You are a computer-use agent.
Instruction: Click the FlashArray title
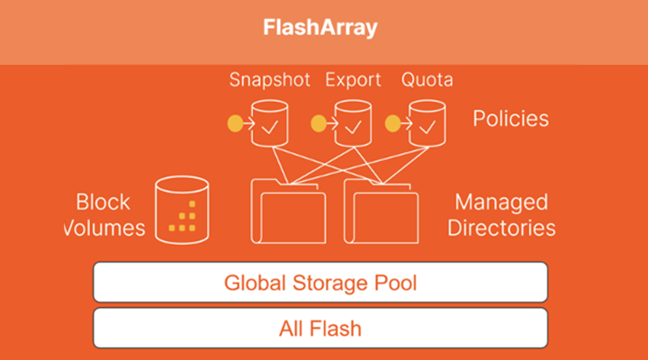320,28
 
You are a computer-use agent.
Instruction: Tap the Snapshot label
269,80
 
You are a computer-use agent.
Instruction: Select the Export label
353,80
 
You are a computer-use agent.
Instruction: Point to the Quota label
427,80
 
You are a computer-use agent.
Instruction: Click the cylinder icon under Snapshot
268,123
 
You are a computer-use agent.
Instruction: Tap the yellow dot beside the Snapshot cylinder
237,123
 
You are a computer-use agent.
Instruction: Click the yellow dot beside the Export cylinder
317,123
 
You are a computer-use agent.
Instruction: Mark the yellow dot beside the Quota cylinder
392,123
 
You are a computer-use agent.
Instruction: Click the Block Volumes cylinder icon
182,210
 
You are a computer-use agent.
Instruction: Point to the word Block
103,202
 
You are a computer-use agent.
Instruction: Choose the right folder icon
382,211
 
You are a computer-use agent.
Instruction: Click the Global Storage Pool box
320,283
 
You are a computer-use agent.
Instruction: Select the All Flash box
320,328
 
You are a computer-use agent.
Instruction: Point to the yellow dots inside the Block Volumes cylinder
186,219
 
